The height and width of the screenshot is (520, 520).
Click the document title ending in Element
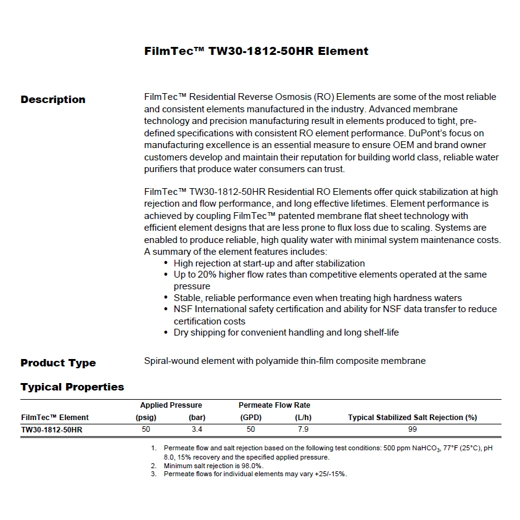(x=256, y=51)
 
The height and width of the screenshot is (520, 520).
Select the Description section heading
(x=53, y=99)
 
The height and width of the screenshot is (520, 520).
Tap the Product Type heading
(x=58, y=363)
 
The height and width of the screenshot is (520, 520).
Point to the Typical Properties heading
(x=72, y=387)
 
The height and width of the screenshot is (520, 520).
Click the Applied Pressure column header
(x=171, y=405)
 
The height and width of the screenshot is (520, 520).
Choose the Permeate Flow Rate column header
(x=274, y=405)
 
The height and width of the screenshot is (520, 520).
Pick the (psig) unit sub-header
(x=146, y=418)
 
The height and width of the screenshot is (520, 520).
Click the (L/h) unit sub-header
(x=303, y=418)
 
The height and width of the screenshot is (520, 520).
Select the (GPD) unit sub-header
(x=250, y=418)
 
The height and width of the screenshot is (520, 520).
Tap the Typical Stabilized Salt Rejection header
(x=412, y=418)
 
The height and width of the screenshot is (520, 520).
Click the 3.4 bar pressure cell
(x=197, y=429)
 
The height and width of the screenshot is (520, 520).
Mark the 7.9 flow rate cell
(x=303, y=429)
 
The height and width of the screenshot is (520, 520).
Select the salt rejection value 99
(x=412, y=429)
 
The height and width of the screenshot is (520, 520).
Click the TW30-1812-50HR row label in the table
(x=51, y=430)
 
